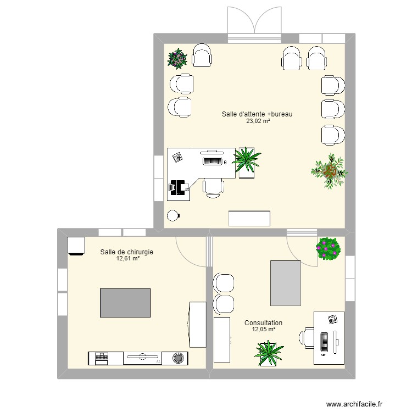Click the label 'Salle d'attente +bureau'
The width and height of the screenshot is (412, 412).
coord(257,114)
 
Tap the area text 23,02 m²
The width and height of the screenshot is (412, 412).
coord(257,121)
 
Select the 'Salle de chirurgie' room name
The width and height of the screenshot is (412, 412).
coord(126,252)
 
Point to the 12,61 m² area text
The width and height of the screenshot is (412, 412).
coord(127,259)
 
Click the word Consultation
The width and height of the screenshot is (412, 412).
coord(263,323)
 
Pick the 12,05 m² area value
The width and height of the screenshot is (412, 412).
coord(263,330)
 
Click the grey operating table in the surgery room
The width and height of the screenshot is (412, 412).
coord(125,303)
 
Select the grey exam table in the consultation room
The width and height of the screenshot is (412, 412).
coord(286,283)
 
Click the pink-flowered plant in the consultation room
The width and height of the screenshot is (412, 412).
coord(329,248)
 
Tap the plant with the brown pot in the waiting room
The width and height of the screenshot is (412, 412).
coord(330,171)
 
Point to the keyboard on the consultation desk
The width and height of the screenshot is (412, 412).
coord(324,342)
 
